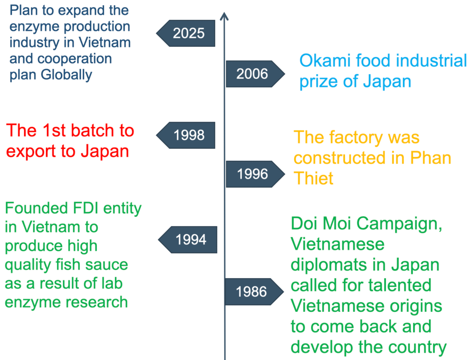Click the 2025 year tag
tap(186, 33)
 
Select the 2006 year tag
tap(255, 74)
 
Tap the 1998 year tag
tap(186, 135)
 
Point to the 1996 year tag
tap(255, 174)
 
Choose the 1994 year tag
tap(188, 240)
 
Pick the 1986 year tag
tap(254, 291)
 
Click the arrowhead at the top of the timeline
tap(225, 16)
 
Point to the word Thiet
tap(313, 178)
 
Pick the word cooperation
tap(75, 59)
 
